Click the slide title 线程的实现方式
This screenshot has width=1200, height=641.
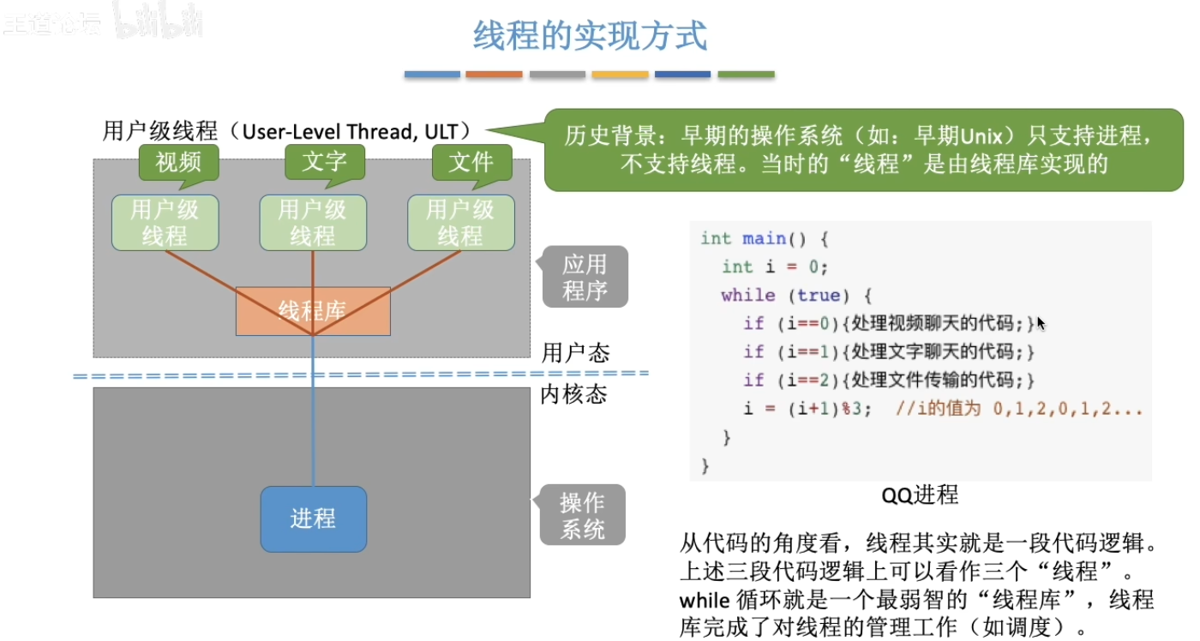(591, 37)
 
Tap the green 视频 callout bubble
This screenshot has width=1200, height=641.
(178, 162)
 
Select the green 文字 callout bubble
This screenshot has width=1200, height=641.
(324, 162)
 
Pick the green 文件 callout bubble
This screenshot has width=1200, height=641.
(471, 162)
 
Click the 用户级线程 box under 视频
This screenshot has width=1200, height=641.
(165, 223)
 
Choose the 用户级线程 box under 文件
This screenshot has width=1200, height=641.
(461, 223)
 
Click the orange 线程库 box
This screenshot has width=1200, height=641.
(313, 311)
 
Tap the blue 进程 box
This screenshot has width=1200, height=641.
(313, 518)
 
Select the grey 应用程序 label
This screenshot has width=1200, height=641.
(585, 278)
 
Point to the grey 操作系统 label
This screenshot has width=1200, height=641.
(582, 515)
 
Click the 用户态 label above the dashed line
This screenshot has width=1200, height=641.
(576, 353)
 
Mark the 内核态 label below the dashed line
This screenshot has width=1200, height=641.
(575, 395)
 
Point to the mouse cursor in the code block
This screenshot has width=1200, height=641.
(1041, 324)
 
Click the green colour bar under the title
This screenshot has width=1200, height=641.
(746, 75)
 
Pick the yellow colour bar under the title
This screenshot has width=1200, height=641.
(620, 75)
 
